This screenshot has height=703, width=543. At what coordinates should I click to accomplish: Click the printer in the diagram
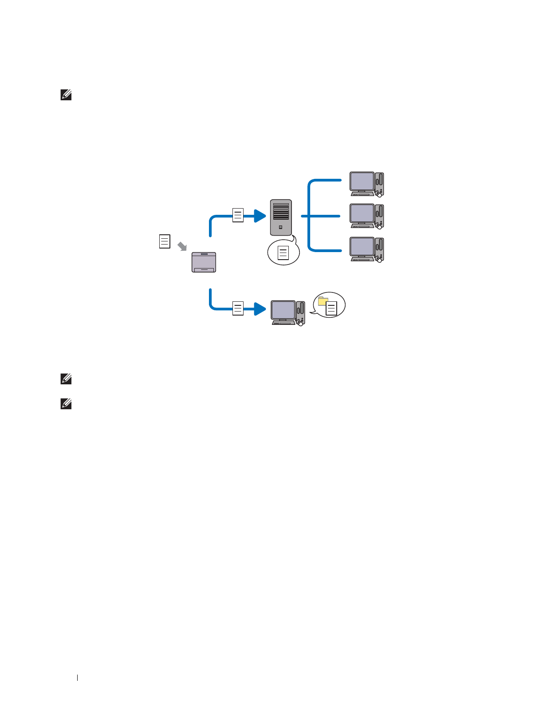coord(204,262)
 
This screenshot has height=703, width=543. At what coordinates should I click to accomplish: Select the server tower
coord(281,217)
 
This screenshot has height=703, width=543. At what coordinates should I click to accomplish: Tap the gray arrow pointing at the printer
coord(182,246)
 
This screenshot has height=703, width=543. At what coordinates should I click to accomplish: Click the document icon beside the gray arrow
coord(165,241)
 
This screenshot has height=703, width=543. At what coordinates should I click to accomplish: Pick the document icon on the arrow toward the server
coord(238,215)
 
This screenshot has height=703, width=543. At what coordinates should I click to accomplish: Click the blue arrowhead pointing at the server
coord(260,216)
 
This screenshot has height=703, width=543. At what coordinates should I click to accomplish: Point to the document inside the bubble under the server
coord(283,253)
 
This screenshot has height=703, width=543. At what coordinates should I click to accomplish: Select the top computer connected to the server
coord(366,184)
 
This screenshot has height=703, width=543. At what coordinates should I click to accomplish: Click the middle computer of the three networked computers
coord(366,216)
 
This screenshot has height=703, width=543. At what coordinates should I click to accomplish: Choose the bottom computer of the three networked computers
coord(366,249)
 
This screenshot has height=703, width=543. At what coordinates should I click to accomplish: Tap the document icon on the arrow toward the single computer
coord(238,308)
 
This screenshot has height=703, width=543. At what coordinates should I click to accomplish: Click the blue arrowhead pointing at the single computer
coord(260,308)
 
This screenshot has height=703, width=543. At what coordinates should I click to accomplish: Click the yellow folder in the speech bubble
coord(323,301)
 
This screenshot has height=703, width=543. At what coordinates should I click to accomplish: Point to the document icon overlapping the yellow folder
coord(331,308)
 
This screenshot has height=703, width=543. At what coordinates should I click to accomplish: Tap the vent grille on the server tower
coord(281,211)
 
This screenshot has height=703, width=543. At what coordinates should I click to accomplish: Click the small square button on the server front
coord(280,227)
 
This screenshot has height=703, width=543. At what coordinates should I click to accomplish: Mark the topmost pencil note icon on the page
coord(66,95)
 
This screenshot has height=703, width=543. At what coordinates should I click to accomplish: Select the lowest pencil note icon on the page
coord(66,404)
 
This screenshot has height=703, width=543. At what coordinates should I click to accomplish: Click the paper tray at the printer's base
coord(204,269)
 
